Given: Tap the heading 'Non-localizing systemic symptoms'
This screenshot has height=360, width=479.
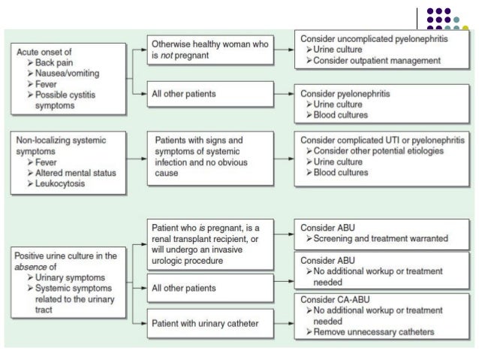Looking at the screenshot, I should click(64, 145).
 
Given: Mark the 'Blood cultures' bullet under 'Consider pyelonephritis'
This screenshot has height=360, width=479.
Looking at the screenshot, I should click(342, 116).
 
